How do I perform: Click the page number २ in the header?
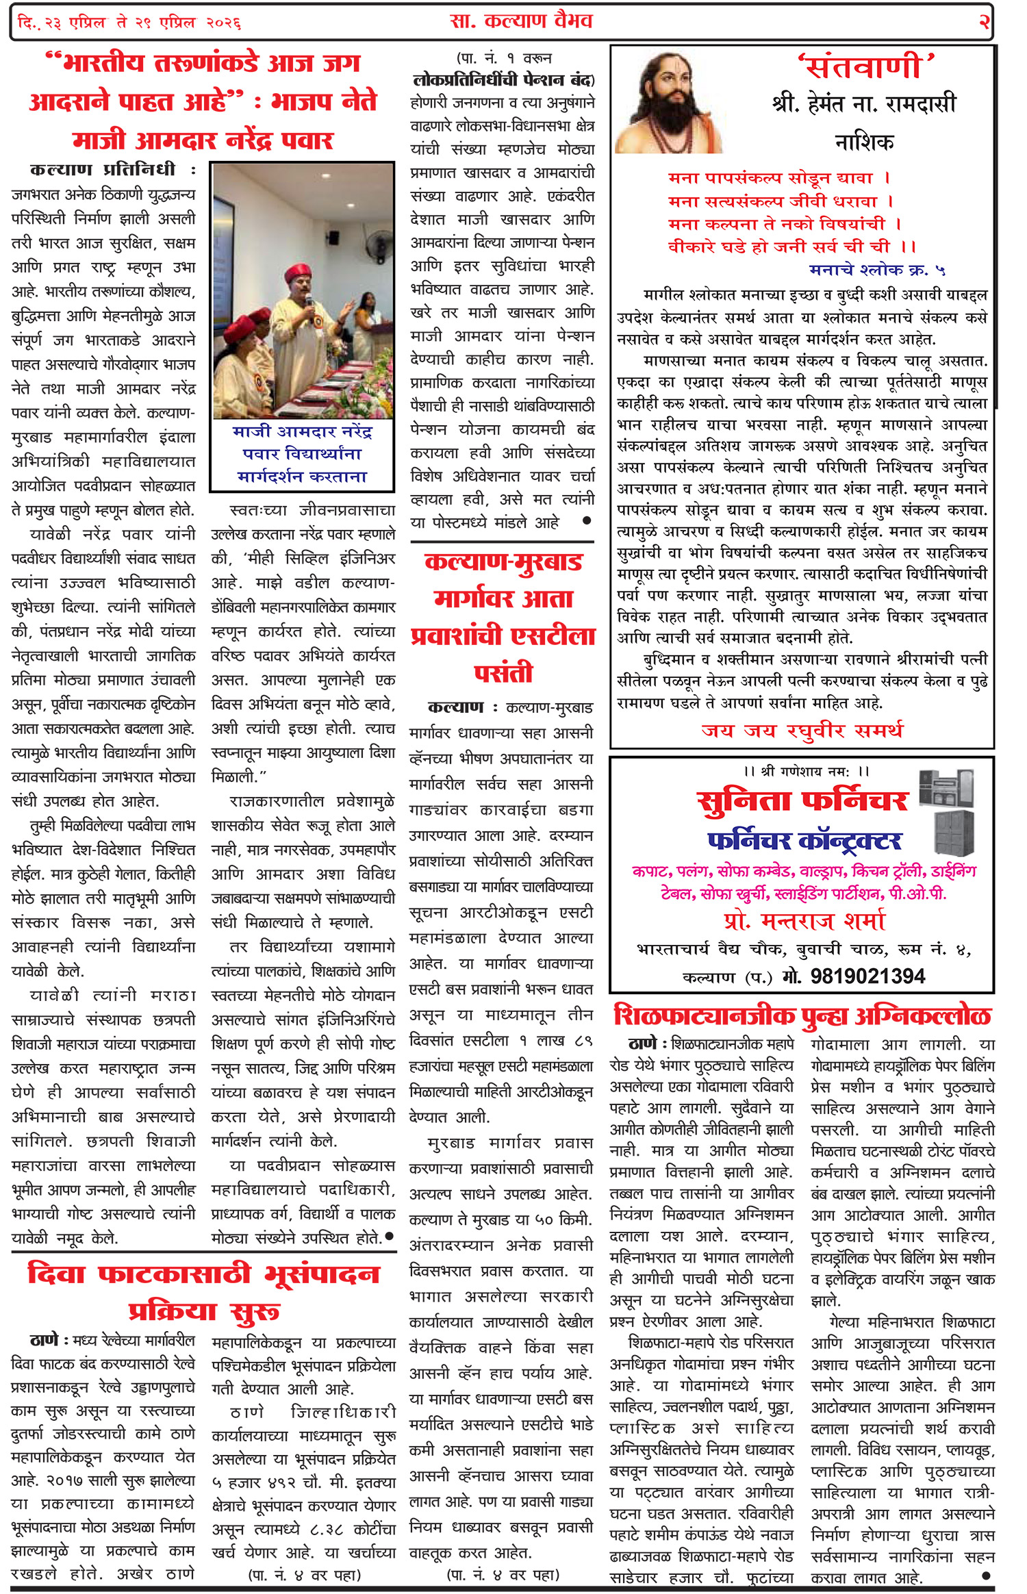(984, 22)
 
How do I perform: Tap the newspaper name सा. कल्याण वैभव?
(521, 22)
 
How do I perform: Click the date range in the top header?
(129, 23)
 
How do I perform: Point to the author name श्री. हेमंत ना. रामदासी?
(863, 104)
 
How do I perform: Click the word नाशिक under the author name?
(864, 142)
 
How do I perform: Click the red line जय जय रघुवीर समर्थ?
(802, 731)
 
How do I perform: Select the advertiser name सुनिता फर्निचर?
(802, 801)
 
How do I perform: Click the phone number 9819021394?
(867, 976)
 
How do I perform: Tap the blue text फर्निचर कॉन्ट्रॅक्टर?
(804, 840)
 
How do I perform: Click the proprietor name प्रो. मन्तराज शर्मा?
(804, 921)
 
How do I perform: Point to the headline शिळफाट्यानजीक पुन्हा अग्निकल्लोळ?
(802, 1015)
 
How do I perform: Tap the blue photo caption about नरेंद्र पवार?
(302, 454)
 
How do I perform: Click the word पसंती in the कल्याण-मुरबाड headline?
(503, 673)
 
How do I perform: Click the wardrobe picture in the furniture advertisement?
(953, 832)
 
